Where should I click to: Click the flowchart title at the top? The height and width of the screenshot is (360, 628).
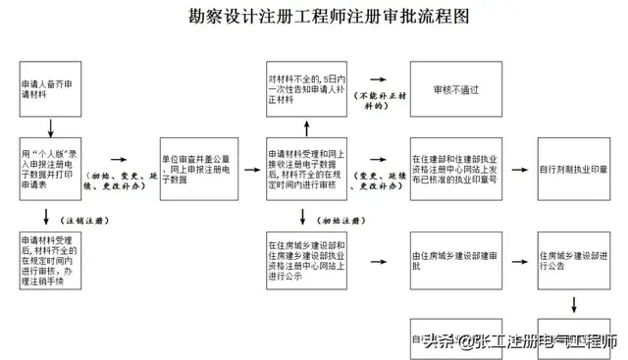(314, 18)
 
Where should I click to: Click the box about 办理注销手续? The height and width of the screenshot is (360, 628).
(52, 261)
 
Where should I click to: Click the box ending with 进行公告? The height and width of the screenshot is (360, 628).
(573, 260)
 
